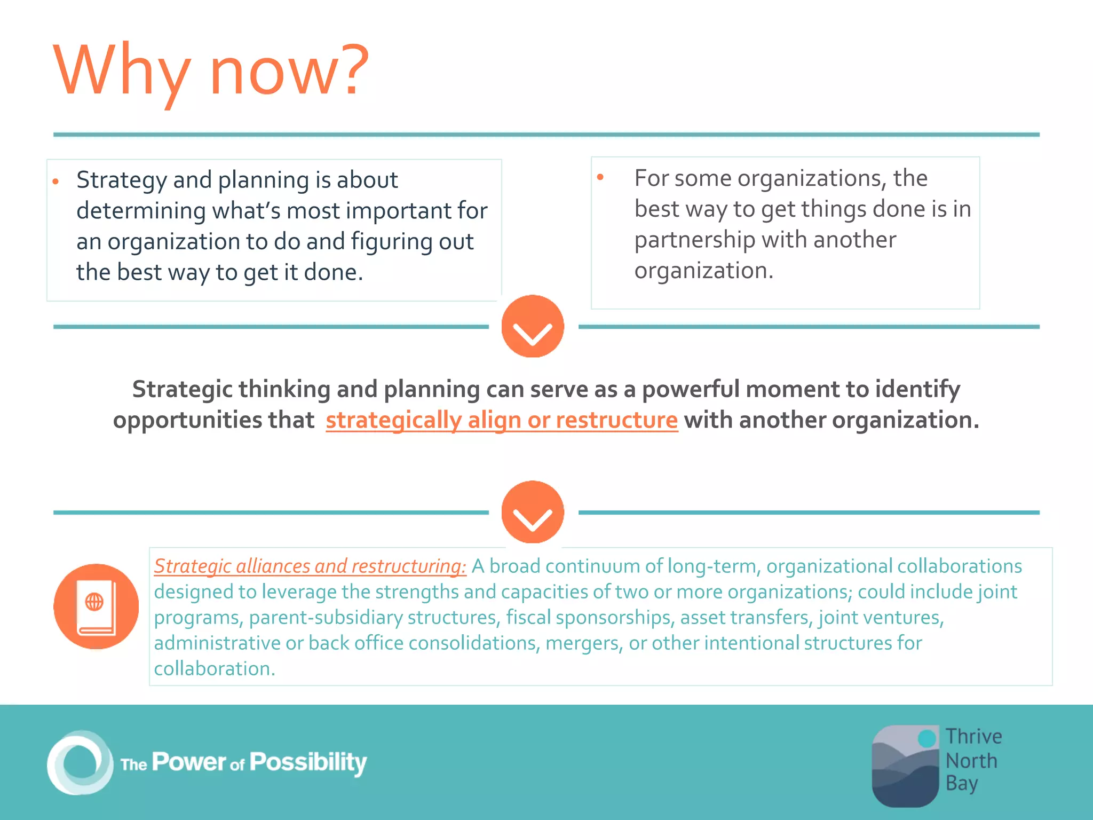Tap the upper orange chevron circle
click(x=532, y=326)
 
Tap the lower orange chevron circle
click(x=532, y=512)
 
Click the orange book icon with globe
click(x=96, y=606)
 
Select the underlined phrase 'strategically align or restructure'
click(x=501, y=420)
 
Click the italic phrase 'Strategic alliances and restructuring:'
click(x=310, y=566)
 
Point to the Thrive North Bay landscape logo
click(x=905, y=766)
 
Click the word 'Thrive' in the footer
click(x=973, y=737)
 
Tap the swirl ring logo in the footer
click(x=80, y=762)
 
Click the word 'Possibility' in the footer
click(x=308, y=762)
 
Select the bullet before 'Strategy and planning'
click(x=56, y=182)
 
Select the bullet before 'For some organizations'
click(x=600, y=177)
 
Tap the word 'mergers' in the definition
click(x=583, y=643)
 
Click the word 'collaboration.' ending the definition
click(x=215, y=669)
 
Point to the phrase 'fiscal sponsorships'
click(x=588, y=618)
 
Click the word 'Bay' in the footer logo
click(x=961, y=784)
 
